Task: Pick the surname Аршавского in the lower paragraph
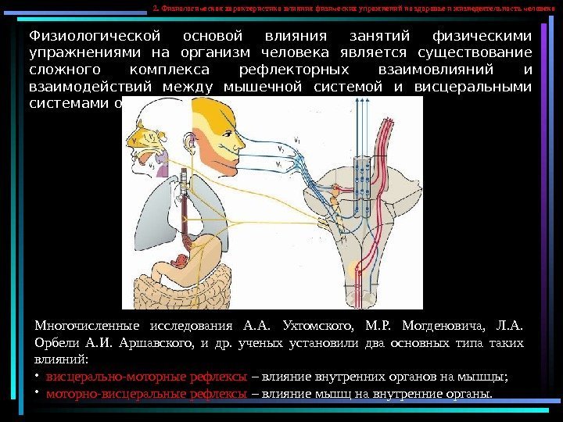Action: tap(153, 344)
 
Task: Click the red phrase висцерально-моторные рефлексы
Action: tap(146, 376)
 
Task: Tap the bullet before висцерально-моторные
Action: tap(37, 376)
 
